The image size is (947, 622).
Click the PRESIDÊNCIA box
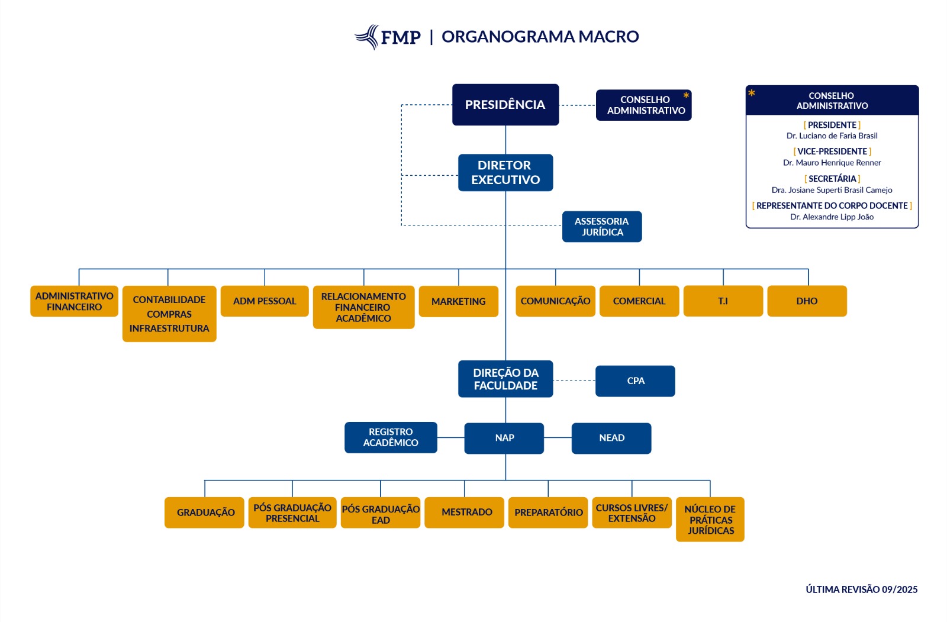click(505, 105)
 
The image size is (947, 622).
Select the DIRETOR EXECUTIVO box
click(505, 173)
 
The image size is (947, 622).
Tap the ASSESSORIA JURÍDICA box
click(602, 227)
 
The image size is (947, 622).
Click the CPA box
click(635, 381)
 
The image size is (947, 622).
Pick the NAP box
click(504, 438)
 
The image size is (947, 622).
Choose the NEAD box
click(611, 438)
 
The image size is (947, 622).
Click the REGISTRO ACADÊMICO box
click(391, 437)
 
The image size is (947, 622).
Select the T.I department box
click(723, 301)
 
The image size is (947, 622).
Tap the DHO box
click(807, 301)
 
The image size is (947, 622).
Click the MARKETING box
click(459, 302)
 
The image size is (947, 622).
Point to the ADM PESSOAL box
click(265, 301)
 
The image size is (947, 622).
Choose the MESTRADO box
click(466, 513)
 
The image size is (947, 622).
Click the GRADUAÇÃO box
click(205, 513)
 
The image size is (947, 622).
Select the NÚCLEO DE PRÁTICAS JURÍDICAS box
click(710, 520)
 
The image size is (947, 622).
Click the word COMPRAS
click(169, 314)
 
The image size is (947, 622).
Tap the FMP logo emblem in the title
click(368, 37)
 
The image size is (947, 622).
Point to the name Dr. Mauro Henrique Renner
click(832, 163)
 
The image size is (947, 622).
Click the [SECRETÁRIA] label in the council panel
click(832, 179)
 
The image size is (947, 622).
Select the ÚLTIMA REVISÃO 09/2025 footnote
click(861, 589)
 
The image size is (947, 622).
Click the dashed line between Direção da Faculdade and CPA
click(574, 381)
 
